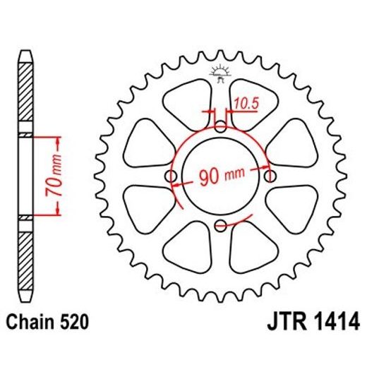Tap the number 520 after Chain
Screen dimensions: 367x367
(x=74, y=323)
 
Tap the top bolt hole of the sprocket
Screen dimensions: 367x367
(x=220, y=128)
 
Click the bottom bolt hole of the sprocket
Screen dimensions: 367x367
(x=220, y=225)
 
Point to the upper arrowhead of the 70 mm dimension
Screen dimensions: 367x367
(x=50, y=140)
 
